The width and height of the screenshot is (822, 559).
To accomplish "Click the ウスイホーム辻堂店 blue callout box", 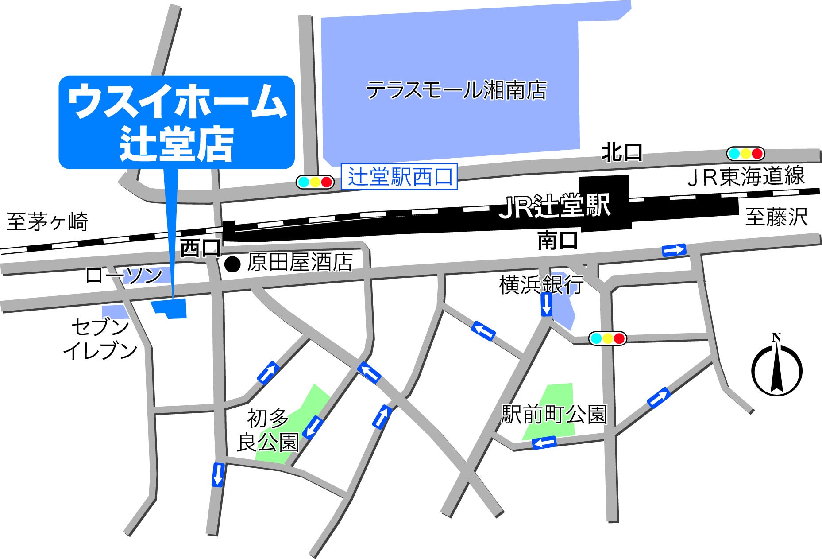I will [176, 122].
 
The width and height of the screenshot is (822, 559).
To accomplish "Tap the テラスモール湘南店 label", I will [456, 90].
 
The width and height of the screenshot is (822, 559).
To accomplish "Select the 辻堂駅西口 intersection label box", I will [399, 177].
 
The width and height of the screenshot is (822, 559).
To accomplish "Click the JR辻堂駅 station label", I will [555, 206].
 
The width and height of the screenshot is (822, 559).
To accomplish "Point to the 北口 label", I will [621, 153].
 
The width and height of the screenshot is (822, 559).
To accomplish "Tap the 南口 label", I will [557, 240].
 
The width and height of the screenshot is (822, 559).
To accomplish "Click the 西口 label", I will [200, 248].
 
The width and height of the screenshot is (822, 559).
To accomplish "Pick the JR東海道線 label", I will [746, 176].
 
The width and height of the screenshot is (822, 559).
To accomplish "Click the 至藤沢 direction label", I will [776, 217].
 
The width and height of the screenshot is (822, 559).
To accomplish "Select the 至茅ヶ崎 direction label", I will [47, 221].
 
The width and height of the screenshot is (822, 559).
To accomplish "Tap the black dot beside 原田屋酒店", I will [232, 264].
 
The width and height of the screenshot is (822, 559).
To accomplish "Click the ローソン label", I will [124, 276].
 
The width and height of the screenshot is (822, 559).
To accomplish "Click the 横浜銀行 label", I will [541, 284].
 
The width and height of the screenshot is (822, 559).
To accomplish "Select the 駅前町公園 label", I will [554, 415].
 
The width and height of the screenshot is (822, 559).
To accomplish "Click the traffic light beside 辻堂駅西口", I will [315, 182].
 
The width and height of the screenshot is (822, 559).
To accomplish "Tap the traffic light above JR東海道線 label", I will [745, 154].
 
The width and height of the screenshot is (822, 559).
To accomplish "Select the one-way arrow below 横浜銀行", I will [547, 304].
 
